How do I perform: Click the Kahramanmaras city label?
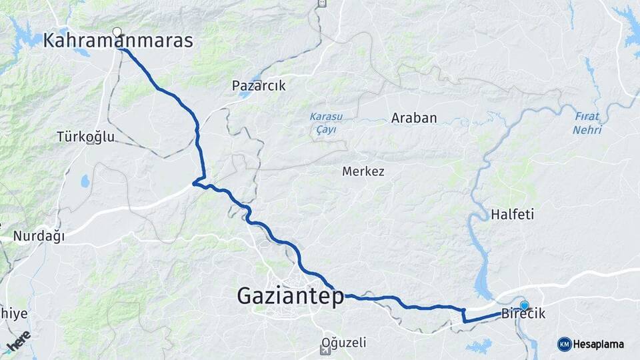pos(118,41)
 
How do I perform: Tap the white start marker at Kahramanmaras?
pos(117,32)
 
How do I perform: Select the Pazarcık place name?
pos(259,85)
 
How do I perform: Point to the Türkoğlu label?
pos(86,137)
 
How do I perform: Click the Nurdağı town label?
pos(39,236)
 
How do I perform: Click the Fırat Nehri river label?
pos(587,123)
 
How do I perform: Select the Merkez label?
pos(363,171)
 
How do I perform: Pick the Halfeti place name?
pos(513,215)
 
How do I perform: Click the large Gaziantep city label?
pos(290,296)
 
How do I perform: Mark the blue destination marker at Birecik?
pos(525,305)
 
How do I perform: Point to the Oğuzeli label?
pos(344,343)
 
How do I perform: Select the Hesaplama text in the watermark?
pos(598,344)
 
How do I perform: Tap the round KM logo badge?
pos(564,344)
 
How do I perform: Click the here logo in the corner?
pos(19,341)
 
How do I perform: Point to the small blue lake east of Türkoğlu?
pos(85,181)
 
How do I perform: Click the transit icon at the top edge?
pos(323,3)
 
